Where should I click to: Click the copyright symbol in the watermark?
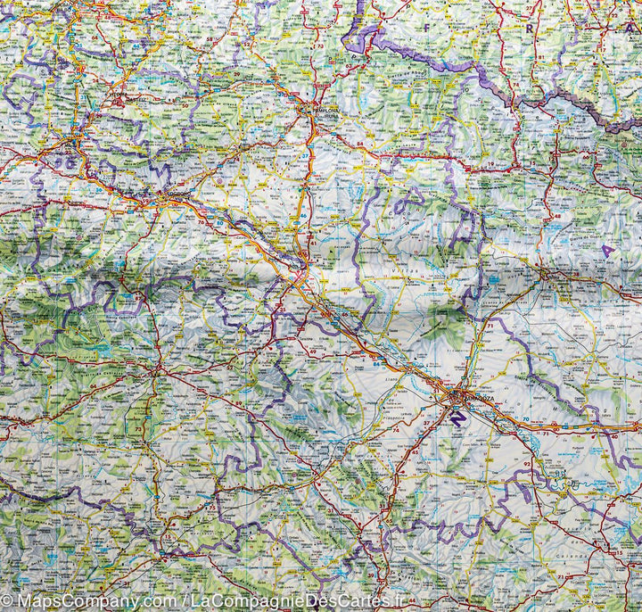[7, 603]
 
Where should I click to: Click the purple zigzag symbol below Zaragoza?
[457, 417]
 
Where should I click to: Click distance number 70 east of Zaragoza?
[526, 418]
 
